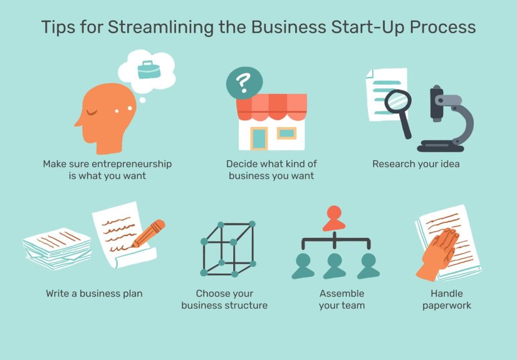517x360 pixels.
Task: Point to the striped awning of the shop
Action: coord(272,105)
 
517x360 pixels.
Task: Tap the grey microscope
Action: coord(446,119)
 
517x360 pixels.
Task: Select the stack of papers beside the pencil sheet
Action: coord(57,248)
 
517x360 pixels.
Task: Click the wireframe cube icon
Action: coord(227,248)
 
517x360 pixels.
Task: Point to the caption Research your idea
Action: coord(415,164)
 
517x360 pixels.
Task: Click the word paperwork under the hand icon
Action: coord(446,306)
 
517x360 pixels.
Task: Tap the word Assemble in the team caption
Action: coord(342,293)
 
